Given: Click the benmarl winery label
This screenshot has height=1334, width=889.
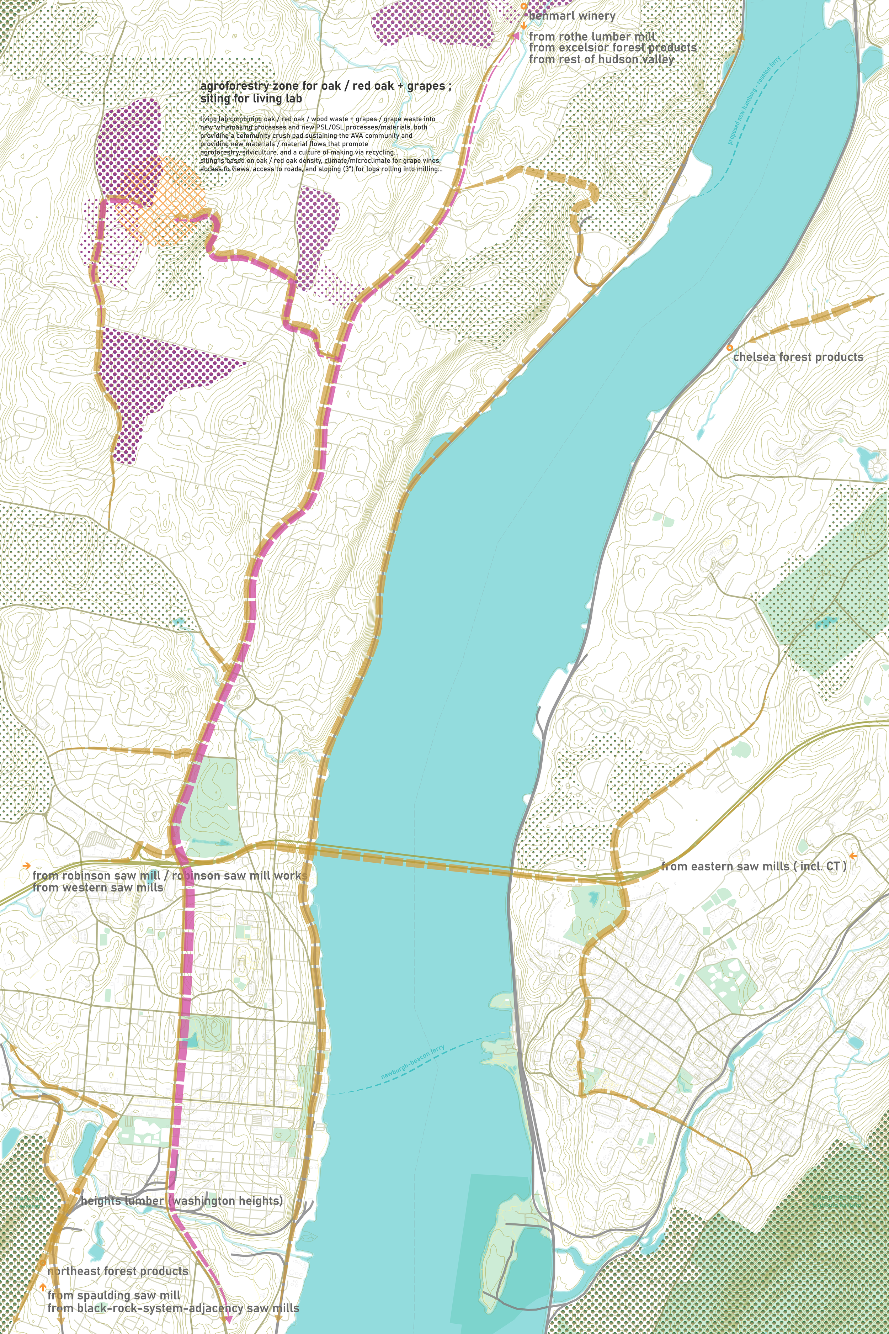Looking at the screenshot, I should pos(571,16).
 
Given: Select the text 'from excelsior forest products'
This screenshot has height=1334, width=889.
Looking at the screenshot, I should pos(612,48).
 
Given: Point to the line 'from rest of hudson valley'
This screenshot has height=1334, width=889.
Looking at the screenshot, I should pos(601,59).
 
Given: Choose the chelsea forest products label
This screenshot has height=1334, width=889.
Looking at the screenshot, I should pos(798,357).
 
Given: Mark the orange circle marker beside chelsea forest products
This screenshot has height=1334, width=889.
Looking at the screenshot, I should pos(730,348).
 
